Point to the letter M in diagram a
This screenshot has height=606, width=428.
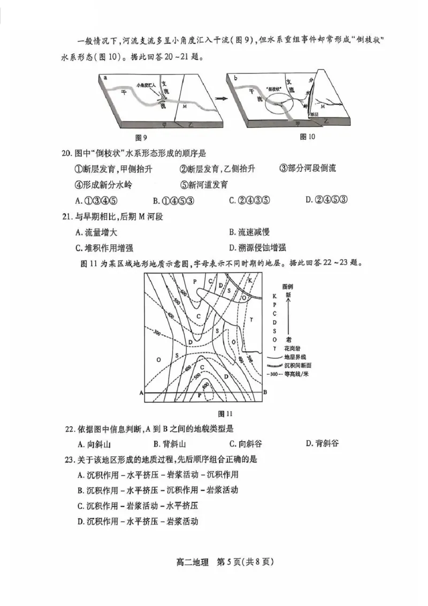tap(185, 107)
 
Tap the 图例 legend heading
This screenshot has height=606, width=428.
tap(288, 286)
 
